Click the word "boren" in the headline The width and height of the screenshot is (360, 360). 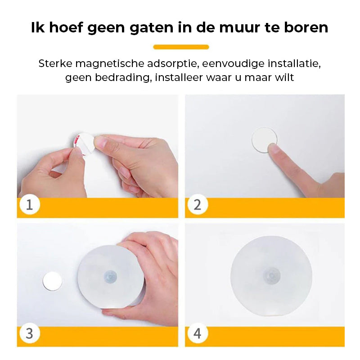click(x=306, y=27)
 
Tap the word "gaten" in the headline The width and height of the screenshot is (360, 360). click(x=151, y=28)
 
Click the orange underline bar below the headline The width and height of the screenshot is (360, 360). click(x=181, y=47)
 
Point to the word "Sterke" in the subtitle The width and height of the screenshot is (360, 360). click(x=55, y=63)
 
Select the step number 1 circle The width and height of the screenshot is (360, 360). click(x=30, y=204)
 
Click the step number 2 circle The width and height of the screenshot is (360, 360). click(x=198, y=204)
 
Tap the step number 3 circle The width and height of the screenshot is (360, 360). click(x=30, y=333)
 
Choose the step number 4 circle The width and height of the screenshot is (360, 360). click(x=198, y=333)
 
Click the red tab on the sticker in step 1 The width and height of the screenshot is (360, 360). click(x=76, y=140)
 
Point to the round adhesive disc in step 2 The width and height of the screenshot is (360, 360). click(x=264, y=140)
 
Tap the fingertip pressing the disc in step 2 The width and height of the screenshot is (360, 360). click(x=273, y=148)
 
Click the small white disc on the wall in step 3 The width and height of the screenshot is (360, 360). click(x=52, y=281)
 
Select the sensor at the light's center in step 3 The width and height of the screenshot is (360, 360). click(x=110, y=276)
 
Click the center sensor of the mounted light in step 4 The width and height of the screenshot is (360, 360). click(x=271, y=275)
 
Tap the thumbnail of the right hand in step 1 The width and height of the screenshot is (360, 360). click(x=100, y=142)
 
